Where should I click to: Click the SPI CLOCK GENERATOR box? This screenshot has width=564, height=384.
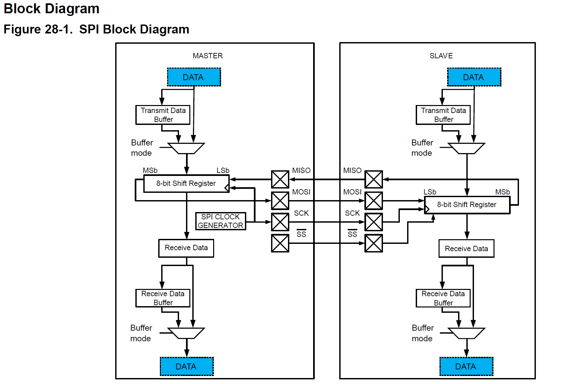220,221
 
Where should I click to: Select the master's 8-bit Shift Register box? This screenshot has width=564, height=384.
186,184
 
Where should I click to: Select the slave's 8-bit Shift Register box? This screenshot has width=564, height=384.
467,205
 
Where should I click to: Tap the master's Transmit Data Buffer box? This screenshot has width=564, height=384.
163,115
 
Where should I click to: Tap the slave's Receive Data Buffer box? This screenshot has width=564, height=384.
443,298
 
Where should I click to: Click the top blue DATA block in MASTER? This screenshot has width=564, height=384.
194,77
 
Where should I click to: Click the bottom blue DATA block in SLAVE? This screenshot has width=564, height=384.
466,366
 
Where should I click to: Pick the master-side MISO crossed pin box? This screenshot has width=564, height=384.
280,180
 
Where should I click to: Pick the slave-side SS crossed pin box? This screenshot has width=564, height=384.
374,243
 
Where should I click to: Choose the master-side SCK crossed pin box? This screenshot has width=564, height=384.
280,222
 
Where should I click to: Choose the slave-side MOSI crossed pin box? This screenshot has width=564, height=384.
374,201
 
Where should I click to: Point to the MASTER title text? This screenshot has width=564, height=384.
208,56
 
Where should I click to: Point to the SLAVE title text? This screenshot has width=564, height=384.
441,56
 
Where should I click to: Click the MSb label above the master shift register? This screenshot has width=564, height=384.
150,170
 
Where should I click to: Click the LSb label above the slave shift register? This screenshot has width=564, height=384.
430,192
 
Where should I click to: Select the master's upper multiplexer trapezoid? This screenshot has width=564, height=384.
186,148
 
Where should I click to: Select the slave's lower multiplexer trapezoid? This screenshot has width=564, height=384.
466,333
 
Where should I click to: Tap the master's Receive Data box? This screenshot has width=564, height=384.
186,248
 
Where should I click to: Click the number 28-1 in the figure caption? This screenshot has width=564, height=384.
58,29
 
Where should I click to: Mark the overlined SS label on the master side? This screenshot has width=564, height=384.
301,234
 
